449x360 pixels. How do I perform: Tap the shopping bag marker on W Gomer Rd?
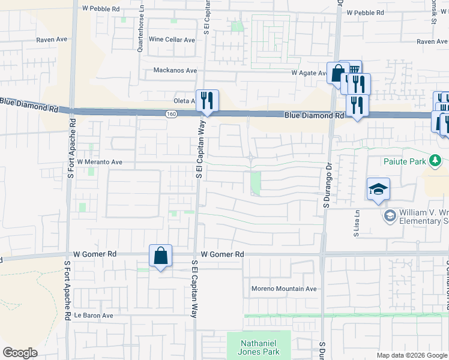click(161, 256)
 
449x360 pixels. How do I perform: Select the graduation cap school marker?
click(379, 189)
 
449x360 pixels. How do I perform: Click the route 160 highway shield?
click(172, 113)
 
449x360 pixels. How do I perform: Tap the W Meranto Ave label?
click(100, 162)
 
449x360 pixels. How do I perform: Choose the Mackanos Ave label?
click(175, 70)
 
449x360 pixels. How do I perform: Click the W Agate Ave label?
click(309, 73)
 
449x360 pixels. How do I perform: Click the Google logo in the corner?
click(20, 353)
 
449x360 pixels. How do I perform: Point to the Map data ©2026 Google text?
click(411, 355)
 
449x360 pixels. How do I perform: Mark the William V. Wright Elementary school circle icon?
click(390, 215)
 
